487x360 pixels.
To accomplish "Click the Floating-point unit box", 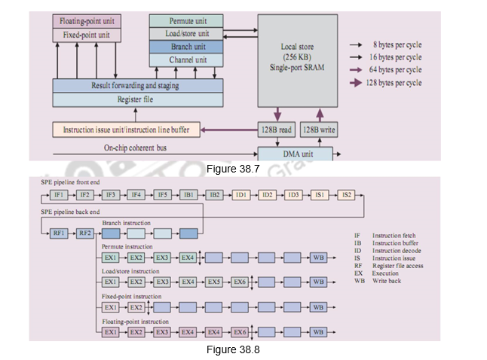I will [87, 20].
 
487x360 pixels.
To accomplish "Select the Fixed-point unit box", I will [87, 34].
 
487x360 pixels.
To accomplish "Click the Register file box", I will [138, 99].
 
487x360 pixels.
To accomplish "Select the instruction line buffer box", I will [127, 130].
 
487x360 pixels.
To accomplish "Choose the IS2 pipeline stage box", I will [348, 194].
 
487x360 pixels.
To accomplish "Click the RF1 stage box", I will [58, 233].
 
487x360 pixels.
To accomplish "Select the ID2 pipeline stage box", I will [268, 194].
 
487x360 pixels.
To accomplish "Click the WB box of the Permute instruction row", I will [319, 258].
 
